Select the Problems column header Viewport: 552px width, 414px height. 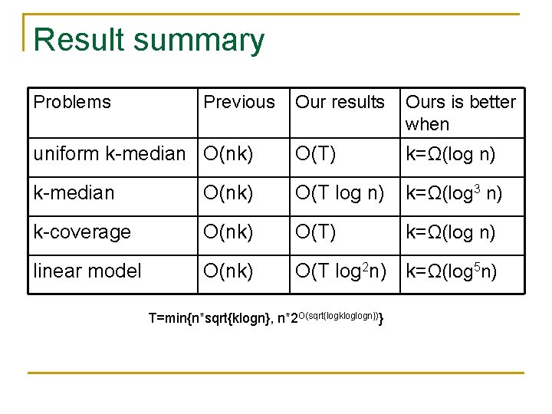[x=72, y=102]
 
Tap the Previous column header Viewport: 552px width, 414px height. [x=238, y=102]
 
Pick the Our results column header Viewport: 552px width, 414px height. [x=340, y=102]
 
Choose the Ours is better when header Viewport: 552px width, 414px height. [x=460, y=113]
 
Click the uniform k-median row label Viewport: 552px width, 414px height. [x=110, y=154]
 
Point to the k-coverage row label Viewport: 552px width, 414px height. [x=82, y=232]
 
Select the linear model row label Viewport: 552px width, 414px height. [x=87, y=271]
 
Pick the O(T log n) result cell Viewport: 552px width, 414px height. [x=340, y=193]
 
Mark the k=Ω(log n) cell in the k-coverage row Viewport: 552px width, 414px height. [x=451, y=232]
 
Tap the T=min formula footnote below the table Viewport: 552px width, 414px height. [x=265, y=319]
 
